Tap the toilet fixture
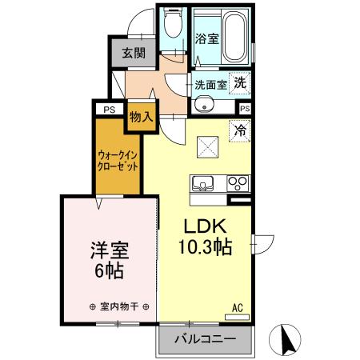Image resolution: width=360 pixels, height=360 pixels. coord(172,30)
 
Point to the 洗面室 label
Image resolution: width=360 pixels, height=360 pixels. coord(210,82)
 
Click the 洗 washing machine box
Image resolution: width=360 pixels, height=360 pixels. coord(240,82)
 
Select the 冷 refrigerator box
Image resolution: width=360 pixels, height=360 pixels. coord(239,128)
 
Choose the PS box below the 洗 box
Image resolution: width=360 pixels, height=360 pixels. coord(245,108)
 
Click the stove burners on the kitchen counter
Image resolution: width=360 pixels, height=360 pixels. coord(238,182)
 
